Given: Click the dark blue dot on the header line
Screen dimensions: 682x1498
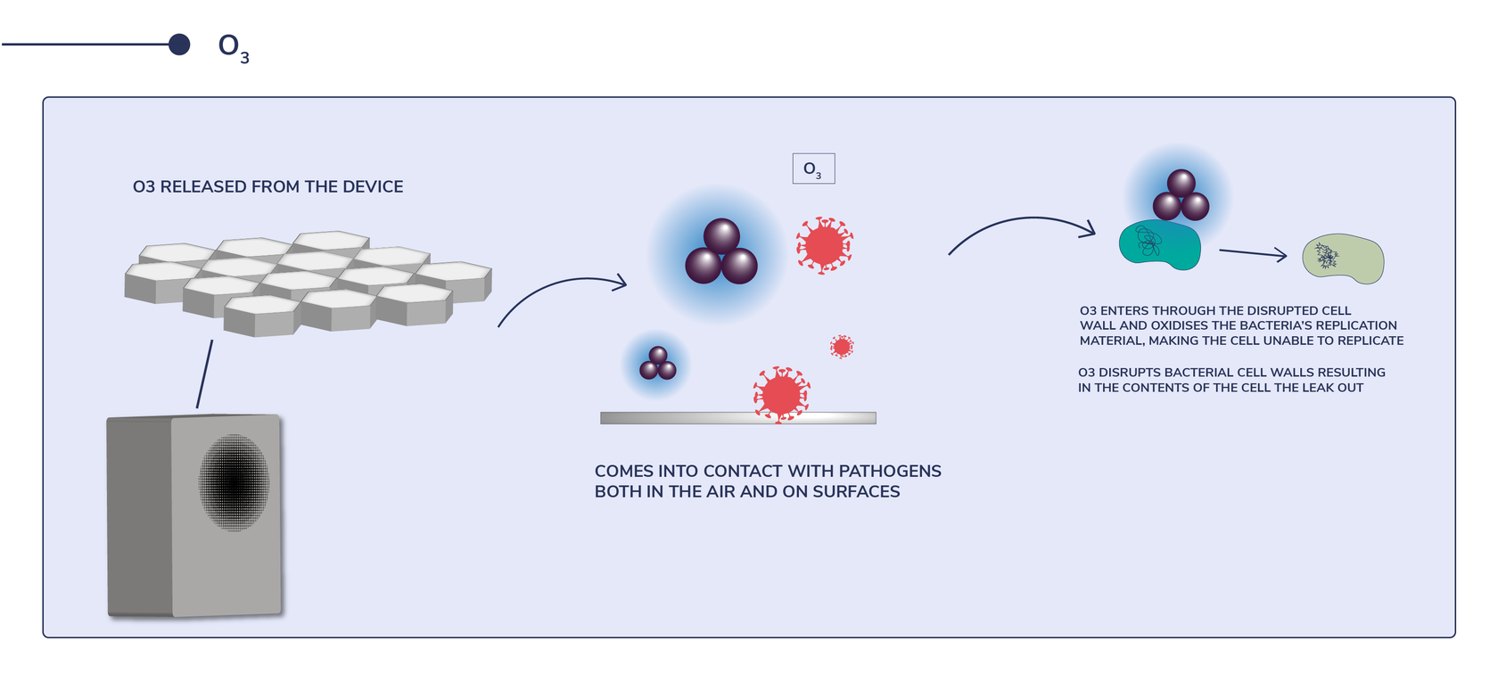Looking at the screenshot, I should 179,45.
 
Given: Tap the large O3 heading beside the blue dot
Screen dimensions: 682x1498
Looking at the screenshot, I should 232,47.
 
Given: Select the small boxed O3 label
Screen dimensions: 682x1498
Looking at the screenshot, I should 813,168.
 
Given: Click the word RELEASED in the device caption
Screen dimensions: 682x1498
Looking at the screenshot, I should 203,186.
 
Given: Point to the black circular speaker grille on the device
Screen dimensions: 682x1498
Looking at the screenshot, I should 234,481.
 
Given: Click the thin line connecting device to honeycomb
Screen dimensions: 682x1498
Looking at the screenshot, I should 204,374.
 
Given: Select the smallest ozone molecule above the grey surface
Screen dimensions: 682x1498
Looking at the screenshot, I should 658,364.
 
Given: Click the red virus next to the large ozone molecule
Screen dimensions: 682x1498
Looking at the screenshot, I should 825,244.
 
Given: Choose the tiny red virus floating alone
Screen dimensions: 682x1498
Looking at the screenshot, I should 842,346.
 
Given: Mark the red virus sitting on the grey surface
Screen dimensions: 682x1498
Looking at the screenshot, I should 781,393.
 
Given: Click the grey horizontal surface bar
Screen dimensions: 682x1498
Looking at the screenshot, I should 678,418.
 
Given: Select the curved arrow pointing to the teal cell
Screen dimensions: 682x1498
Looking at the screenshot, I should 1021,227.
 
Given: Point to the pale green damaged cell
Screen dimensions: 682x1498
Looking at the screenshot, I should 1344,259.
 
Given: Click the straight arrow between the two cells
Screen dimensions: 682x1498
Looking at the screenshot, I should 1252,253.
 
